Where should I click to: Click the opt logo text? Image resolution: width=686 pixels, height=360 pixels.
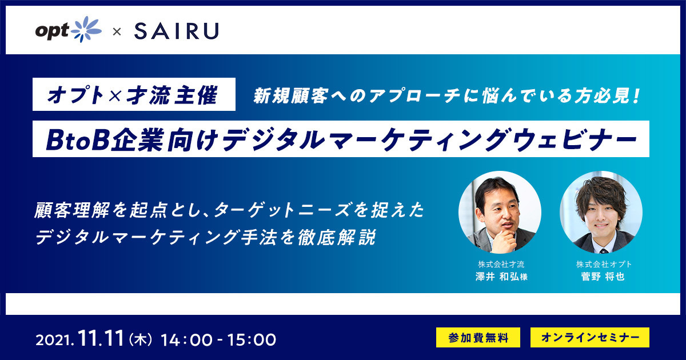pyautogui.click(x=53, y=31)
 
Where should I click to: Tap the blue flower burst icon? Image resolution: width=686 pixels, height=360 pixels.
pyautogui.click(x=86, y=29)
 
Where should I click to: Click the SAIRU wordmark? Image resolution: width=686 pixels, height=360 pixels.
pyautogui.click(x=177, y=31)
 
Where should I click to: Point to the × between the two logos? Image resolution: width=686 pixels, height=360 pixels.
pyautogui.click(x=117, y=31)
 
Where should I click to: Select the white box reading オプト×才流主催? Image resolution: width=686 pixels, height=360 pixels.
pyautogui.click(x=134, y=94)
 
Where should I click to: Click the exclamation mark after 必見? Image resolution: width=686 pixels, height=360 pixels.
pyautogui.click(x=638, y=96)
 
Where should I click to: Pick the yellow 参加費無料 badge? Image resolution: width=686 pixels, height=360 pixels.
pyautogui.click(x=478, y=337)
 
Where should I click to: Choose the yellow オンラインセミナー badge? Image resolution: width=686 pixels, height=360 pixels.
pyautogui.click(x=590, y=337)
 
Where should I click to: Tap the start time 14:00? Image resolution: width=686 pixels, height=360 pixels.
pyautogui.click(x=186, y=340)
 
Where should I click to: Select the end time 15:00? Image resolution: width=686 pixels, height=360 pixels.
pyautogui.click(x=251, y=340)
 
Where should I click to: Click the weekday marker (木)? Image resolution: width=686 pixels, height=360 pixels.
pyautogui.click(x=141, y=340)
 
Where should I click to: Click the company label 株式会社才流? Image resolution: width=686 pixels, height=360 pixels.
pyautogui.click(x=501, y=264)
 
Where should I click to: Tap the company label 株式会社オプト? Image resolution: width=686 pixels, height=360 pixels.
pyautogui.click(x=604, y=264)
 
